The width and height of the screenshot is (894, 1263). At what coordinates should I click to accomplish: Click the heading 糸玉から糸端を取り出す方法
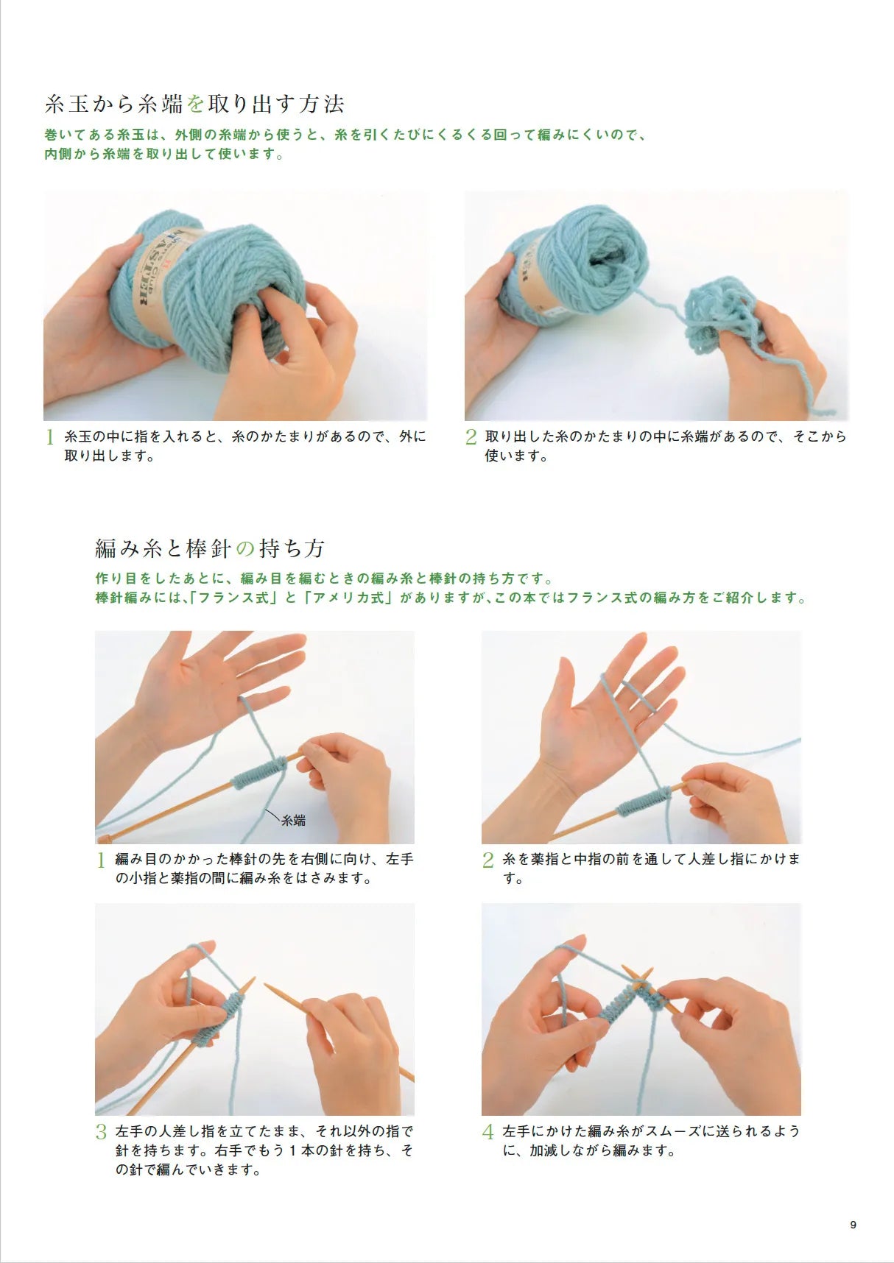194,104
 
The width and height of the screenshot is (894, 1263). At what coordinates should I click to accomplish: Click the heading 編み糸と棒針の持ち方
210,548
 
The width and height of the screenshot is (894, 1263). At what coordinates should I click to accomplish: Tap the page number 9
853,1225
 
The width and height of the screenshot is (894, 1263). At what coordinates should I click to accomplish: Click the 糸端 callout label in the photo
293,820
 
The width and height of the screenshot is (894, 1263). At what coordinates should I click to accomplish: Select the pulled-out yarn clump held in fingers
718,316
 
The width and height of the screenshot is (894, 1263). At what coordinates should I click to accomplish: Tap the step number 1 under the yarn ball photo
50,437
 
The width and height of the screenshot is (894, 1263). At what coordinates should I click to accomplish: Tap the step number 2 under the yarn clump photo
471,437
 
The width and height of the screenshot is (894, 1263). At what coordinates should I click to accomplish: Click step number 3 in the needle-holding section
102,1132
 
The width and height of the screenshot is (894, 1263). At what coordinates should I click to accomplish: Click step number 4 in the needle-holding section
488,1132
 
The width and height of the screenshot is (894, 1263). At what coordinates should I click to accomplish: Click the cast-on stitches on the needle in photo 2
644,801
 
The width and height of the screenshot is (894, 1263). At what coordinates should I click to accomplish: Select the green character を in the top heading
194,104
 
